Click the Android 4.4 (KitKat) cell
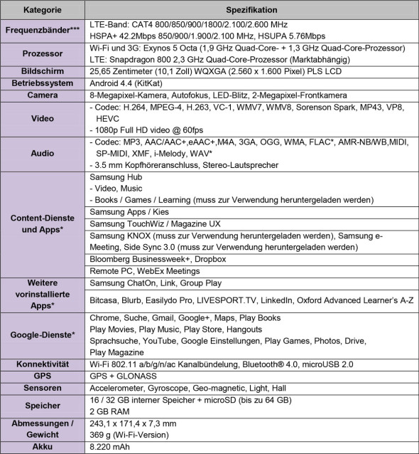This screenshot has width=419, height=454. coord(133,83)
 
